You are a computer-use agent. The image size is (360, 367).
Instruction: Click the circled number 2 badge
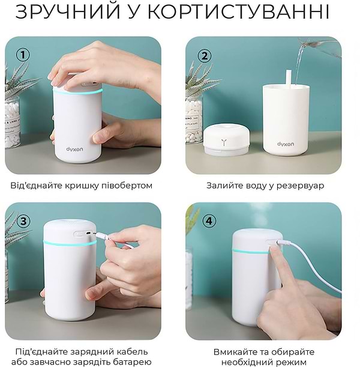coord(205,56)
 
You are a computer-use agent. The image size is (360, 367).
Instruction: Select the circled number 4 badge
coord(208,220)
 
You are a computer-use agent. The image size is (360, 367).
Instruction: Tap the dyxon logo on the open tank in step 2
coord(286,144)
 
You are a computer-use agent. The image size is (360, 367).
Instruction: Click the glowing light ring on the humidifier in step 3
coord(69,243)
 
